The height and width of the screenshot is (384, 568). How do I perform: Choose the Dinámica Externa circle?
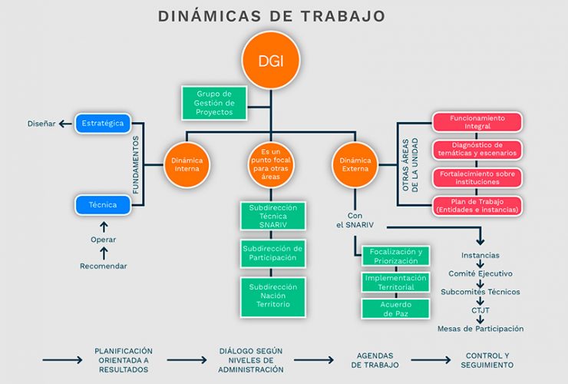(x=355, y=164)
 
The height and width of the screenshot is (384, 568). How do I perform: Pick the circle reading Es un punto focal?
(x=269, y=164)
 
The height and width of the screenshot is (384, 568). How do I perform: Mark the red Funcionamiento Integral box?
(x=477, y=122)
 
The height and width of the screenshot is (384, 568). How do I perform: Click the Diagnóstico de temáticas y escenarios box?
(x=477, y=149)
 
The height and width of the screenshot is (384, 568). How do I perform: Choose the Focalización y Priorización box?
(x=396, y=256)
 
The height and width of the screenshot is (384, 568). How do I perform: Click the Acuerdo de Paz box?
(x=396, y=309)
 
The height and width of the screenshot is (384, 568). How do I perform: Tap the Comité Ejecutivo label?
(x=480, y=273)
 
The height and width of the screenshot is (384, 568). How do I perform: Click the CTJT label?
(x=480, y=310)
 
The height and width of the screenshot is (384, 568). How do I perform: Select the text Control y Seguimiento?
(x=488, y=360)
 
